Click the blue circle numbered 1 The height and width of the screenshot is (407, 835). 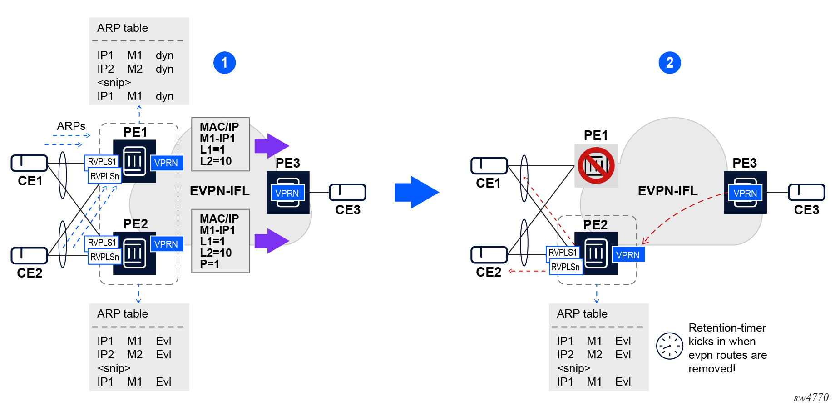pos(224,63)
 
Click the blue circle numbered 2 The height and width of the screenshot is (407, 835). pos(669,63)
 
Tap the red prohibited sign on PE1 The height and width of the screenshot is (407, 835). pos(596,166)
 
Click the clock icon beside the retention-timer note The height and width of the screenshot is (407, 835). pos(669,346)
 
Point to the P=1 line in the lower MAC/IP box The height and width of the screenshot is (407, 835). pos(210,264)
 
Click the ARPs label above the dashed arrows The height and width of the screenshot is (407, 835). pos(71,126)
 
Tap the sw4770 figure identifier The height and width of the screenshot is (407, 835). pos(811,397)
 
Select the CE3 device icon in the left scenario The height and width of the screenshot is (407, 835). pos(347,192)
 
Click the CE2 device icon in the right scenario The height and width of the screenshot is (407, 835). pos(489,255)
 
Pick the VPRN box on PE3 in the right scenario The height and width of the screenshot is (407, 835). pos(745,193)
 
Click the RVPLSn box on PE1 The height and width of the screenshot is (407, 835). pos(104,176)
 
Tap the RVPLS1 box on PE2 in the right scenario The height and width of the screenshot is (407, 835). pos(563,252)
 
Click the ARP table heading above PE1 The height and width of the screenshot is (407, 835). pos(123,28)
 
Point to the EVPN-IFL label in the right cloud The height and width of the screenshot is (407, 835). pos(667,191)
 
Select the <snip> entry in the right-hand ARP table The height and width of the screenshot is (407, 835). pos(573,368)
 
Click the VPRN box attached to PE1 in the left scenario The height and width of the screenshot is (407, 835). pos(166,163)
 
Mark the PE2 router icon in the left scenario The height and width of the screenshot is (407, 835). pos(135,253)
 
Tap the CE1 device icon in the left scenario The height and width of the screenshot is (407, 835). pos(30,163)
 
